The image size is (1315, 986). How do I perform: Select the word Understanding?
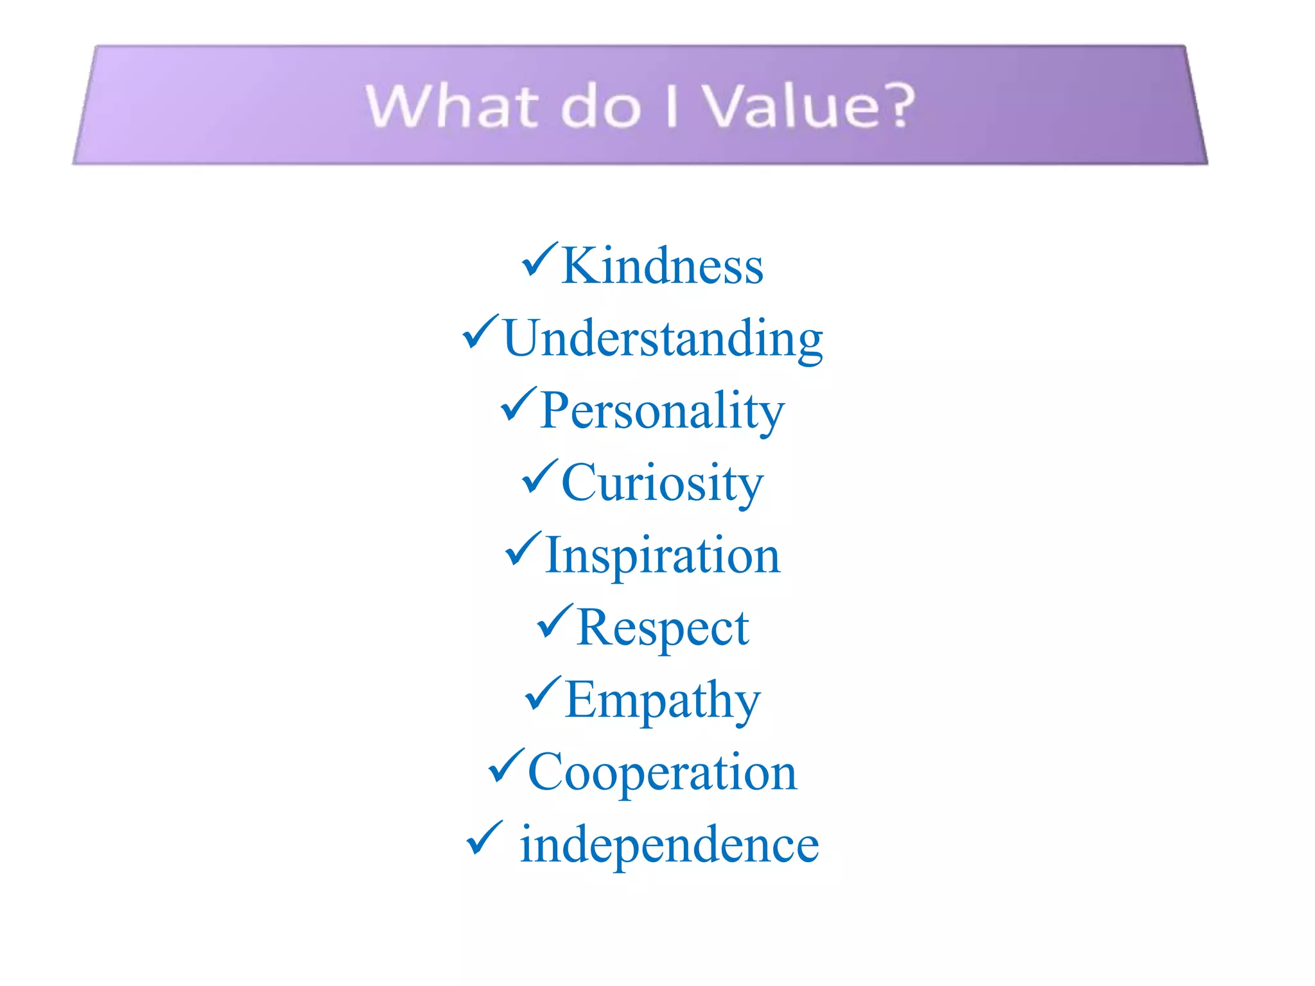click(663, 338)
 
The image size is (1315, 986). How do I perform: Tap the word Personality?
click(662, 411)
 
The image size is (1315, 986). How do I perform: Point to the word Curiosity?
click(662, 483)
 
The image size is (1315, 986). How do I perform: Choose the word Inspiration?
click(662, 555)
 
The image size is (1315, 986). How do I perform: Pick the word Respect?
click(662, 628)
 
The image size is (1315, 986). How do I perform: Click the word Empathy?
click(662, 700)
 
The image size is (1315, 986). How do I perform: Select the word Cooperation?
click(662, 772)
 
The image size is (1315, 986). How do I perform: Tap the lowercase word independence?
click(669, 845)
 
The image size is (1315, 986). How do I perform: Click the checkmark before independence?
click(483, 838)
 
